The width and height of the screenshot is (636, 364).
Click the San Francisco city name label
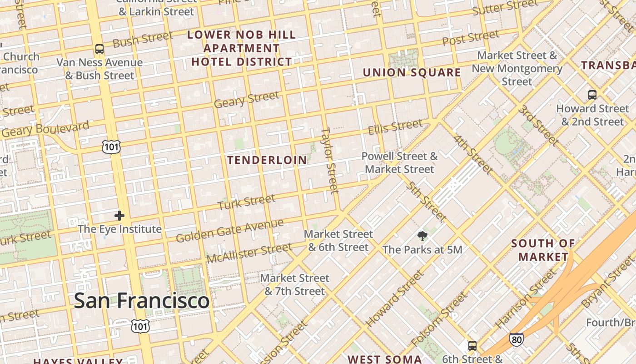(x=141, y=301)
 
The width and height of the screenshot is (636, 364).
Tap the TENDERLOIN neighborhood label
(x=267, y=160)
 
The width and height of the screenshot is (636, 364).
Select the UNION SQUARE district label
(x=412, y=73)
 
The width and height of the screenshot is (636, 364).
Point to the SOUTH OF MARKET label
(x=543, y=250)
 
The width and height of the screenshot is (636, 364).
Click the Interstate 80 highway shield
(x=516, y=339)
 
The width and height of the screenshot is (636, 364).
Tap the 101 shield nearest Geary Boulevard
(x=111, y=147)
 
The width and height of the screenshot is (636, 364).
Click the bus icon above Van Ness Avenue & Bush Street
(x=99, y=49)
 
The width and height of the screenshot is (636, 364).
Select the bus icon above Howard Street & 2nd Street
(x=592, y=95)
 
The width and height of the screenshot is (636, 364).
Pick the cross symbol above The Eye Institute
(x=119, y=215)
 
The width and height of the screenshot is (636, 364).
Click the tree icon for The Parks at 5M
(x=422, y=236)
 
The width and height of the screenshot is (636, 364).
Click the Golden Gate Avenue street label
(x=229, y=231)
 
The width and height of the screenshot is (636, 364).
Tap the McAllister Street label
(x=249, y=253)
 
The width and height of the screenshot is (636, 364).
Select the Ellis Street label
(x=395, y=127)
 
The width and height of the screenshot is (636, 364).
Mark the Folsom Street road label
(x=438, y=319)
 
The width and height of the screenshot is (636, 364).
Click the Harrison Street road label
(x=526, y=299)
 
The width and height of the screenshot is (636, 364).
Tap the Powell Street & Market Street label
(x=399, y=163)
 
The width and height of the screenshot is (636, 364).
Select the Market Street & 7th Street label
(x=294, y=284)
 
